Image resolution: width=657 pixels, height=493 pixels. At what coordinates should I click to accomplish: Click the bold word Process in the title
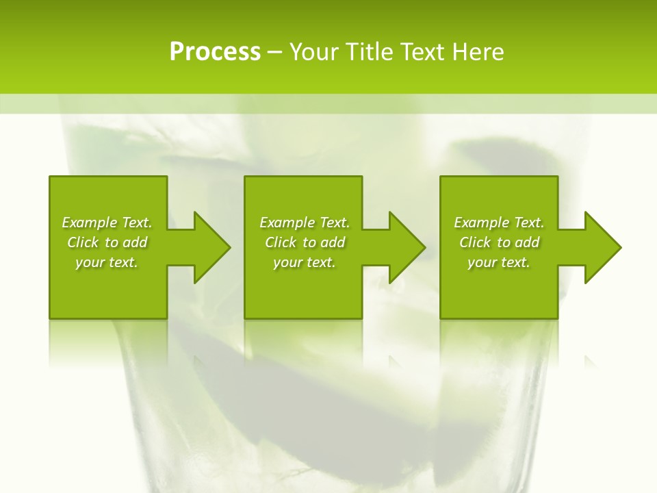coord(215,52)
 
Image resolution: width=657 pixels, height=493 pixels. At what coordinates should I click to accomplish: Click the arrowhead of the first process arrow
coord(211,247)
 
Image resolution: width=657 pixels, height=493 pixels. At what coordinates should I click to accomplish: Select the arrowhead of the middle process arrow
coord(407,247)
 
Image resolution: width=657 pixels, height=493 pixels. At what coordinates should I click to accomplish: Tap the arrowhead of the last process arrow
coord(602,247)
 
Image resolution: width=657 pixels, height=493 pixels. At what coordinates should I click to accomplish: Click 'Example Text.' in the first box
coord(107,223)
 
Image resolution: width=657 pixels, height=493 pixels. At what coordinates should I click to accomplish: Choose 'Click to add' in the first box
coord(107,242)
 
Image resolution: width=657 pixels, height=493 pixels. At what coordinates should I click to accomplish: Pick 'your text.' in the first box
coord(107,262)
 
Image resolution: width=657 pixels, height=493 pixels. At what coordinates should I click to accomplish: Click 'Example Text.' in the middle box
coord(305,223)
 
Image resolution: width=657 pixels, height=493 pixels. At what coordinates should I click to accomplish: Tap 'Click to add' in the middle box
coord(305,242)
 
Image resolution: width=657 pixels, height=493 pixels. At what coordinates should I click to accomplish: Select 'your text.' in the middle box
coord(305,262)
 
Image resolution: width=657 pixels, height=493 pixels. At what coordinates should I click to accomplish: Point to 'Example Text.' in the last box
coord(499,223)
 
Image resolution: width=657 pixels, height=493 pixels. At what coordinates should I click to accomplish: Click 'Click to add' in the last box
coord(499,242)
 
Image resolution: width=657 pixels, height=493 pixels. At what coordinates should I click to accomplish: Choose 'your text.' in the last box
coord(499,262)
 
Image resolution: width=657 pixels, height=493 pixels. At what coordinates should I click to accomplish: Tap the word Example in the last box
coord(480,223)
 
